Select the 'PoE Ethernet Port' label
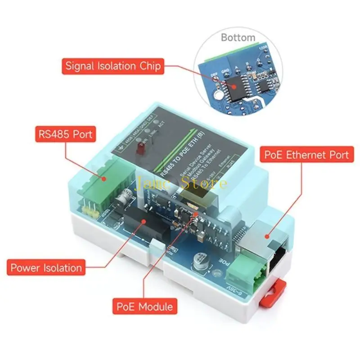tap(306, 155)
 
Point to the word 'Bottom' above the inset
tap(238, 37)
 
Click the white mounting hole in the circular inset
tap(217, 95)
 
